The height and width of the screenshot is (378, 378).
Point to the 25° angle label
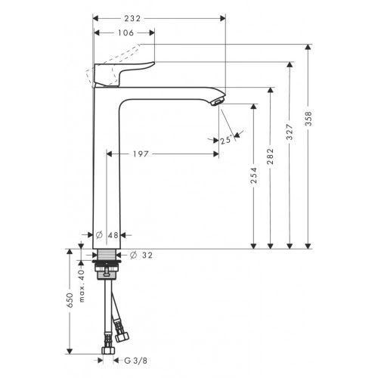coord(226,139)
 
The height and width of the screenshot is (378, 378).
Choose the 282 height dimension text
coord(271,156)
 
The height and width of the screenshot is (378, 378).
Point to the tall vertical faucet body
coord(107,166)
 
